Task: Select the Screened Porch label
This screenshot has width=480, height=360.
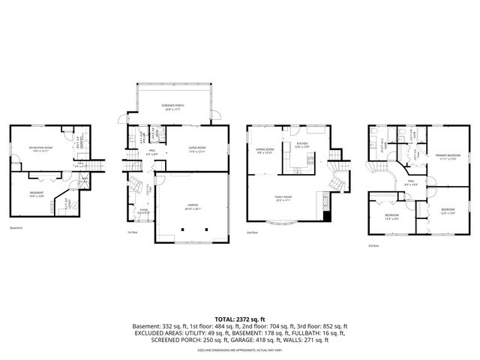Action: pyautogui.click(x=173, y=106)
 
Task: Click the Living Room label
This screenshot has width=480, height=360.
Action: pyautogui.click(x=197, y=149)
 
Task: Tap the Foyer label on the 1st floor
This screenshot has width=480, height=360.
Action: pyautogui.click(x=143, y=211)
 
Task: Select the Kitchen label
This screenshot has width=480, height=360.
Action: pyautogui.click(x=301, y=144)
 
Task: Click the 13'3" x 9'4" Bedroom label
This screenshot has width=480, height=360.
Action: pyautogui.click(x=391, y=216)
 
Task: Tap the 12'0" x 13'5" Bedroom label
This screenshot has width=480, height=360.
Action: pyautogui.click(x=448, y=211)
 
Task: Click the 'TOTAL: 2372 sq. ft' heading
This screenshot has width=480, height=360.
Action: pyautogui.click(x=240, y=319)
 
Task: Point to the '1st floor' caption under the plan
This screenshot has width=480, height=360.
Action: pyautogui.click(x=133, y=232)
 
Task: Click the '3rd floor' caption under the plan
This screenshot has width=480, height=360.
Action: pyautogui.click(x=373, y=246)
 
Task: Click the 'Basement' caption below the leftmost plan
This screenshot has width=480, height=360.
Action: pyautogui.click(x=17, y=228)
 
